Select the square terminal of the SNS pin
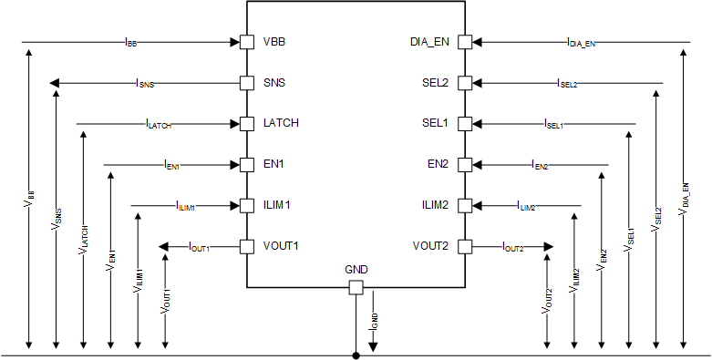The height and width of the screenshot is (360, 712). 246,83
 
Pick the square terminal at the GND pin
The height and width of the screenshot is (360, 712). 356,288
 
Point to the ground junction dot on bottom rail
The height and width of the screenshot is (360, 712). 356,355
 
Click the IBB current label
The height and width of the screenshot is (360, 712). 130,42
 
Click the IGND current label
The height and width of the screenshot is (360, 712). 373,319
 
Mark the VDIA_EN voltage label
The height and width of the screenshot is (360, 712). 683,199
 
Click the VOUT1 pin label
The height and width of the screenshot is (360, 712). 280,247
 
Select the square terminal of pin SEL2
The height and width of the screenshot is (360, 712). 465,83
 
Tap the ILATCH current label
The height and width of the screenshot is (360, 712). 158,124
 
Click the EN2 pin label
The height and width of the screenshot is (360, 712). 439,165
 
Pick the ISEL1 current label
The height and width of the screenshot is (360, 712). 553,124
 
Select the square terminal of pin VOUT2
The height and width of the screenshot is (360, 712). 465,247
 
